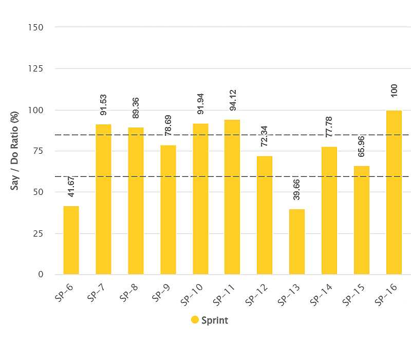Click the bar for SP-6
pyautogui.click(x=71, y=240)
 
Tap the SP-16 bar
pyautogui.click(x=394, y=192)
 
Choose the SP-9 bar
pyautogui.click(x=168, y=210)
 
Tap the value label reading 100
pyautogui.click(x=394, y=92)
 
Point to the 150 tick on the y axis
pyautogui.click(x=36, y=27)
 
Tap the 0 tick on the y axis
pyautogui.click(x=40, y=275)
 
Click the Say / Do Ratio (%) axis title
pyautogui.click(x=15, y=151)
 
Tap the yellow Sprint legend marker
pyautogui.click(x=195, y=320)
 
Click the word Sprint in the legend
pyautogui.click(x=214, y=320)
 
